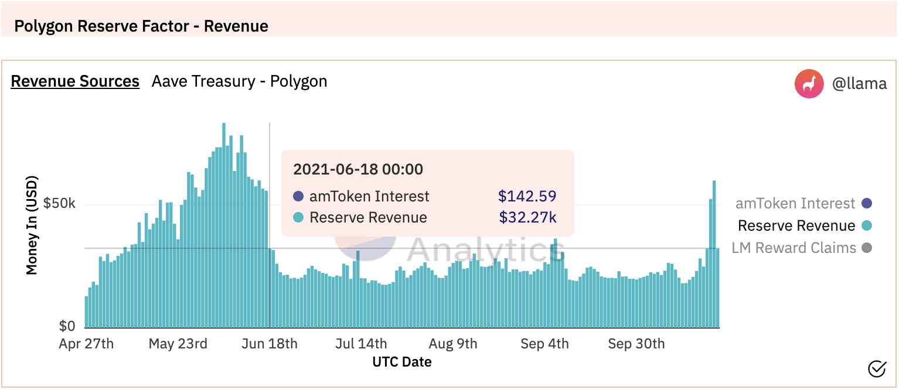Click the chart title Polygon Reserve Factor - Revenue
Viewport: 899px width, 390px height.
[x=141, y=26]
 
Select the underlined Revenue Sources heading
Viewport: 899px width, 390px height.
[x=75, y=81]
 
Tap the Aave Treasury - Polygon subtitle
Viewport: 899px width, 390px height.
[x=239, y=81]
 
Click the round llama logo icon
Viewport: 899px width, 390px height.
[x=809, y=84]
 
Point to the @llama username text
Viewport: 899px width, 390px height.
[x=859, y=84]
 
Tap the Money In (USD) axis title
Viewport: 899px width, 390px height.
[x=32, y=225]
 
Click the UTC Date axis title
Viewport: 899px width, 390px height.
[x=402, y=362]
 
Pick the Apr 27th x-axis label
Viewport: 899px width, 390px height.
[x=86, y=344]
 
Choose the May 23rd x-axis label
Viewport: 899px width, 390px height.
[x=178, y=344]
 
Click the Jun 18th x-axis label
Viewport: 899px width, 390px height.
[x=270, y=344]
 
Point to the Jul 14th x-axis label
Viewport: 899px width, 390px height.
[x=361, y=344]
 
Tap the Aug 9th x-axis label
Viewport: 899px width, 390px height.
[x=453, y=344]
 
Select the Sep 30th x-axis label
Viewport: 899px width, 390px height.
[x=636, y=344]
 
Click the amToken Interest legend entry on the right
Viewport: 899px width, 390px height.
[x=803, y=204]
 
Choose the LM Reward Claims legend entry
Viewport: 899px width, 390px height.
[x=801, y=248]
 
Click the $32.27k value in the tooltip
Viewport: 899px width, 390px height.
[x=527, y=218]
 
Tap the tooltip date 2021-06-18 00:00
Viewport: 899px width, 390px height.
[x=357, y=169]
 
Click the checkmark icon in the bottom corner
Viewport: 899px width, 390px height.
[x=877, y=368]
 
